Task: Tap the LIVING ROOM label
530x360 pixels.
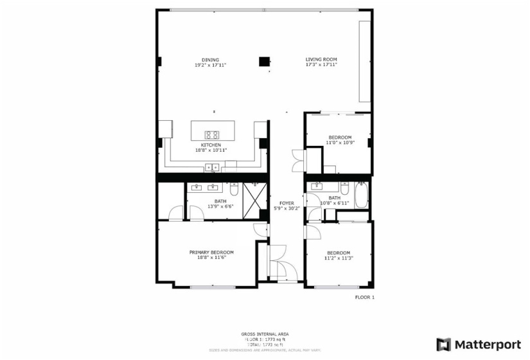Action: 321,60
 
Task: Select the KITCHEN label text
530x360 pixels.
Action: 211,145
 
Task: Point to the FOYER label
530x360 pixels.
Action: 287,203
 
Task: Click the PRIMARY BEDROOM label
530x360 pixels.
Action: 211,253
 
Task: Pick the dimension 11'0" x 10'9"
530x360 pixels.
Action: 340,143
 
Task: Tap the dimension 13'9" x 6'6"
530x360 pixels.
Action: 220,206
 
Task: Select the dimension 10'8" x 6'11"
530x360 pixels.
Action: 334,203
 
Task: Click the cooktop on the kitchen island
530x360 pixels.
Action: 211,135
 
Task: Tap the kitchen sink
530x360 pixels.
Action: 212,168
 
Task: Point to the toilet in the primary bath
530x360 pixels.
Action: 234,190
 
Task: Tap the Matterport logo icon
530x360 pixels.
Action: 443,345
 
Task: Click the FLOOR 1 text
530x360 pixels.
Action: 364,297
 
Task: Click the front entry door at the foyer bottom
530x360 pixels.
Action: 278,264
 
